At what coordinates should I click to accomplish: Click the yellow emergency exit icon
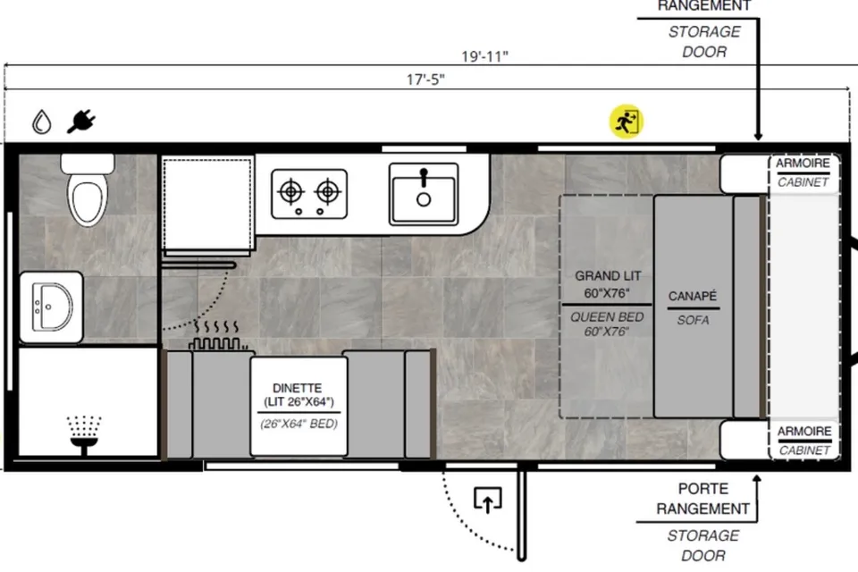[627, 122]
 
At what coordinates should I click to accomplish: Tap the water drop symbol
[42, 122]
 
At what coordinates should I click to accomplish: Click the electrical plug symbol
[81, 122]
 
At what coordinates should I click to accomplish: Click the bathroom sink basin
[52, 307]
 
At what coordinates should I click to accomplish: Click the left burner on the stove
[291, 192]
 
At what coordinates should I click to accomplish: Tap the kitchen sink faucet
[424, 178]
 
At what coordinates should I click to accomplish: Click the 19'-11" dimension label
[484, 56]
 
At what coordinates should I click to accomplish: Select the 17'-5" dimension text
[425, 80]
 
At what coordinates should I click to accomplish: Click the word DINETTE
[297, 388]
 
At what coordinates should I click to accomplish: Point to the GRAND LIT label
[608, 276]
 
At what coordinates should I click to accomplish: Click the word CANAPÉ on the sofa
[692, 296]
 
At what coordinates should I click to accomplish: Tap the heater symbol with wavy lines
[217, 335]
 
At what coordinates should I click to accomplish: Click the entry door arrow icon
[488, 500]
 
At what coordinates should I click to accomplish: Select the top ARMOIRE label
[803, 164]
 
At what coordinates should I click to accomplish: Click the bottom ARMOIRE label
[804, 432]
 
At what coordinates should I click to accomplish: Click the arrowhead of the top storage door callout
[758, 135]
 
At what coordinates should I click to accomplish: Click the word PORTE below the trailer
[703, 489]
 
